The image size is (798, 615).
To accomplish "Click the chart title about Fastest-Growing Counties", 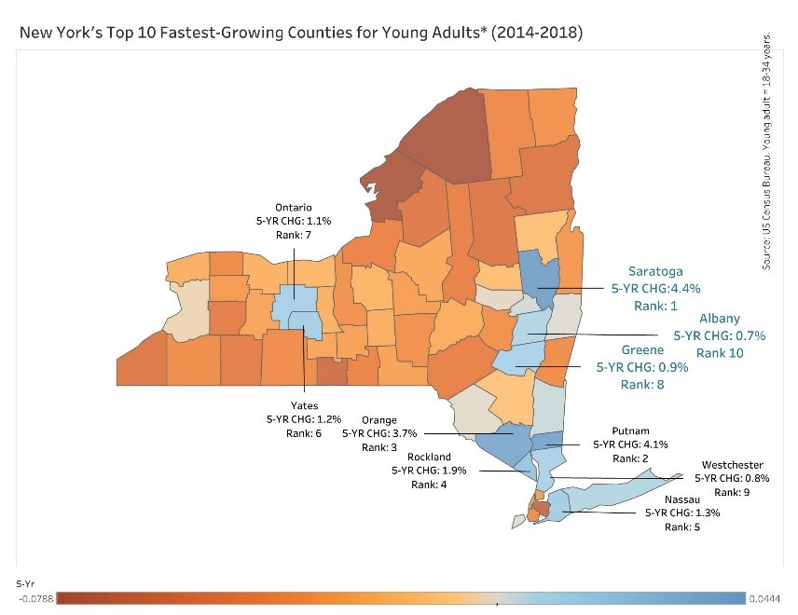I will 300,34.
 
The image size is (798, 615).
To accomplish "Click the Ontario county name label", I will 293,207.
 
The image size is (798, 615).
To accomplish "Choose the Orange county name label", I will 379,420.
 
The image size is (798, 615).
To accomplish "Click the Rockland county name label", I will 429,457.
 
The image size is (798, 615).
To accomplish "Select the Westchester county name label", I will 733,465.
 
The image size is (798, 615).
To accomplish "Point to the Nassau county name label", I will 682,499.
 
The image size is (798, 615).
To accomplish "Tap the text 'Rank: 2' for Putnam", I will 631,458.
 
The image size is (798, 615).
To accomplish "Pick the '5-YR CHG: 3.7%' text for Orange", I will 379,433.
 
